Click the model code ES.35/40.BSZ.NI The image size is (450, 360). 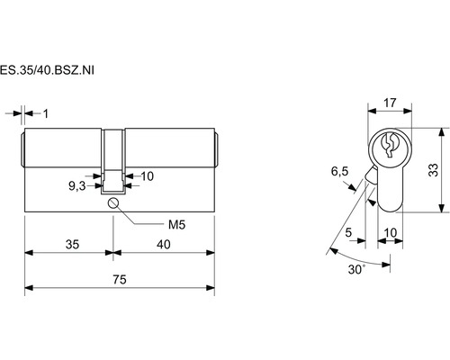click(47, 70)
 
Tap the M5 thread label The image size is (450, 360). click(176, 224)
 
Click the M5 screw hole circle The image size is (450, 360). click(113, 203)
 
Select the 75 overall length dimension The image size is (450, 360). click(120, 280)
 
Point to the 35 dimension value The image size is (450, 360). click(72, 245)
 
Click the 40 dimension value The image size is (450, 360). click(164, 245)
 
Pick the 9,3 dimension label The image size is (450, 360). click(77, 186)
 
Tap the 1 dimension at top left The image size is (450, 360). click(46, 114)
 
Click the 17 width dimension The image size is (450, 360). click(390, 103)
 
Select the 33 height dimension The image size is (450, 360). click(433, 170)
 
